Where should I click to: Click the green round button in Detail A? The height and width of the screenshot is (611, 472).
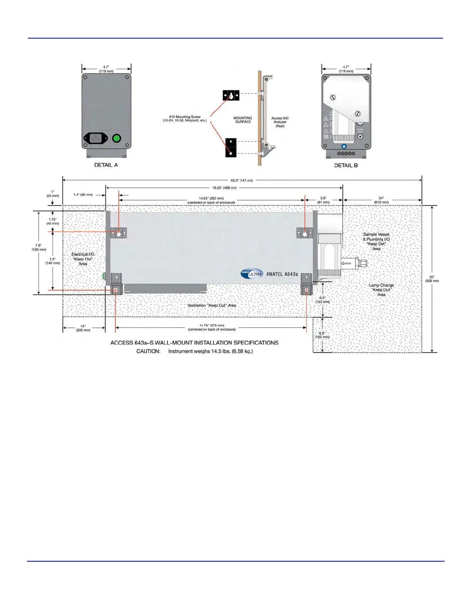(x=116, y=138)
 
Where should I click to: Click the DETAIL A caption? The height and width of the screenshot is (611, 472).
(x=106, y=165)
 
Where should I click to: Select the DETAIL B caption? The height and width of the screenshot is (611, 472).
(x=346, y=165)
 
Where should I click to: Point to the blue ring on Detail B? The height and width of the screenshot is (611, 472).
(x=344, y=147)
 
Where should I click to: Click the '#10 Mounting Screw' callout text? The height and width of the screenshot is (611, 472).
(x=185, y=119)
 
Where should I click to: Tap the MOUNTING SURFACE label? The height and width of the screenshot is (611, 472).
(x=243, y=120)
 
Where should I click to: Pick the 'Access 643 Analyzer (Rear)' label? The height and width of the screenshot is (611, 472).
(x=280, y=122)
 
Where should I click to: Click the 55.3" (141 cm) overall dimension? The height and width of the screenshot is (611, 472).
(x=242, y=181)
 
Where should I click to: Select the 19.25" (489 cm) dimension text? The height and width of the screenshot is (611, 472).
(x=224, y=188)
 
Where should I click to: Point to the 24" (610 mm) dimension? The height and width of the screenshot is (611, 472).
(x=381, y=200)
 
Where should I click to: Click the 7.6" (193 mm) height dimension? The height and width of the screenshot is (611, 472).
(x=39, y=247)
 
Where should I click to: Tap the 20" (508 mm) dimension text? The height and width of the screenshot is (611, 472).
(x=432, y=279)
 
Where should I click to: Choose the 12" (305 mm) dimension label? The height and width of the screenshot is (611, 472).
(x=83, y=328)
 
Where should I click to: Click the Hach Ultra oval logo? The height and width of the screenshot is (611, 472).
(x=252, y=273)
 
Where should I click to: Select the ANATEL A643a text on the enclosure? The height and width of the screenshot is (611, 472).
(x=282, y=274)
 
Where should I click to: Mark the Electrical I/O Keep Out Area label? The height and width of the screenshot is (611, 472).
(x=83, y=259)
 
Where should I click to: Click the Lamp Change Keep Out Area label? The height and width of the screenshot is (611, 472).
(x=381, y=290)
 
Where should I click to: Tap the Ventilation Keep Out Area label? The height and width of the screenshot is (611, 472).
(x=212, y=305)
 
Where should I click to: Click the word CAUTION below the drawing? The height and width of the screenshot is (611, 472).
(x=148, y=351)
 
